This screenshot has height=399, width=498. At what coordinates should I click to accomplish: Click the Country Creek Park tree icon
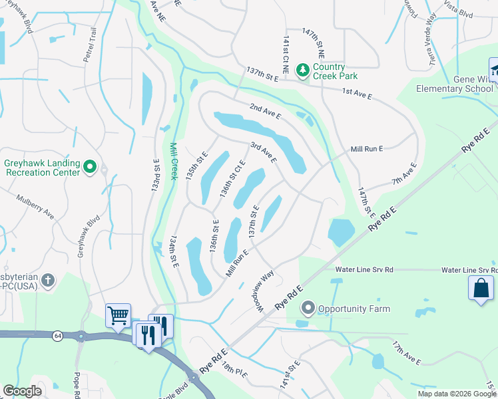click(x=302, y=70)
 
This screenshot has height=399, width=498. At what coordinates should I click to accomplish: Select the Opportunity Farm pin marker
click(x=307, y=308)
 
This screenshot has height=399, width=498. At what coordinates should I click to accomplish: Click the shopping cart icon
click(x=118, y=315)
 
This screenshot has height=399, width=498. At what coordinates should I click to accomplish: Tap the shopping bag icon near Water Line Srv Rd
click(x=481, y=288)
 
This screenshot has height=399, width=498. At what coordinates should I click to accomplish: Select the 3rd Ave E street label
click(x=263, y=152)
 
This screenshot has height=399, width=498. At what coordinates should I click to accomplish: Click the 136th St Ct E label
click(x=232, y=179)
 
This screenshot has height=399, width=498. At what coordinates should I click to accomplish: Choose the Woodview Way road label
click(x=264, y=289)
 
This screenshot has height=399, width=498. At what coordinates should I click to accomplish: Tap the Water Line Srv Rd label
click(x=364, y=269)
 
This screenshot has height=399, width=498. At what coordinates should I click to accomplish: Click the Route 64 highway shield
click(x=59, y=336)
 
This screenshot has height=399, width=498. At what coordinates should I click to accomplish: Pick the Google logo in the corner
click(x=22, y=391)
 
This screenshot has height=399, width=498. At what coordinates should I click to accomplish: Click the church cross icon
click(x=47, y=281)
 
